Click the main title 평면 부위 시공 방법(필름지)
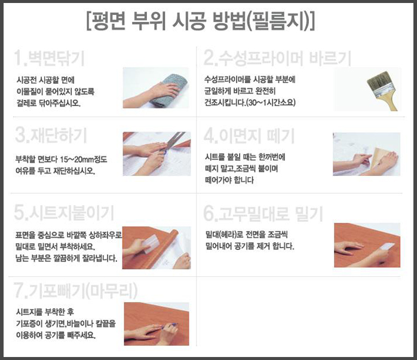click(201, 21)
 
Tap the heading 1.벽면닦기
click(49, 58)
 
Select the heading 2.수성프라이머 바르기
click(277, 58)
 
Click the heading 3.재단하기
click(51, 135)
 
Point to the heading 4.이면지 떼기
click(249, 136)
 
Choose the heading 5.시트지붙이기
click(64, 213)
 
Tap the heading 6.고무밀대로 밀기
click(263, 213)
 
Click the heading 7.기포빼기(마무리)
click(76, 290)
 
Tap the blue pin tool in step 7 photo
click(172, 325)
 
